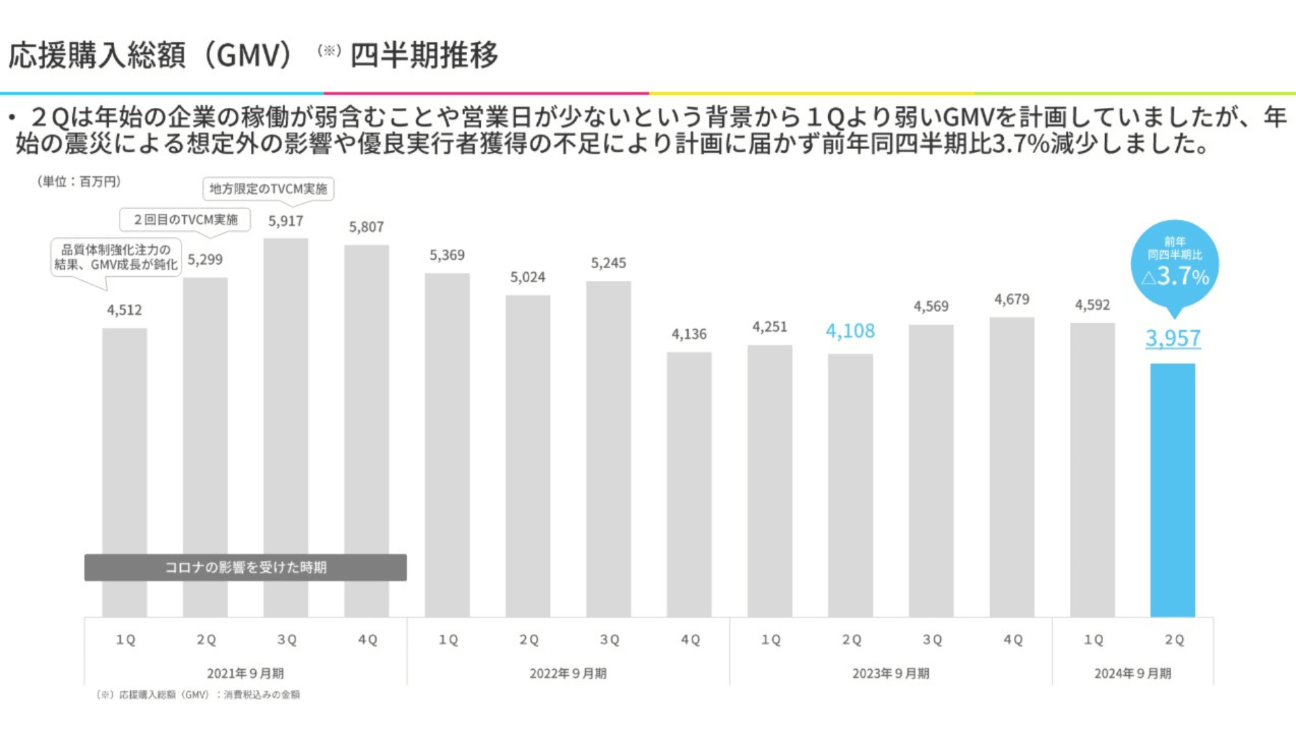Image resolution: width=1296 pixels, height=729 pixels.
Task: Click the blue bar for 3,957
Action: coord(1172,489)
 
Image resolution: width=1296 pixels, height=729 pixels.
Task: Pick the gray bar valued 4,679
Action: coord(1012,466)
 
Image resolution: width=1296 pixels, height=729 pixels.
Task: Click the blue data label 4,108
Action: coord(850,331)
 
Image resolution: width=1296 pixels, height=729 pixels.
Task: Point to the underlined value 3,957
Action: coord(1173,338)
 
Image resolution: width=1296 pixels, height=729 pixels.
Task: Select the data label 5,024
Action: coord(528,277)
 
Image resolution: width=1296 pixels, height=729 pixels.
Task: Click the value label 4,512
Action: coord(125,310)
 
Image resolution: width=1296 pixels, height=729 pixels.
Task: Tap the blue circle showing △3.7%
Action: coord(1174,264)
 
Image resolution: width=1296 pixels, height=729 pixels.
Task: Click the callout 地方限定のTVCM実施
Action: coord(268,189)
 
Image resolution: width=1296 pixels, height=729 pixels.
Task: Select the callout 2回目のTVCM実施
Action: coord(185,220)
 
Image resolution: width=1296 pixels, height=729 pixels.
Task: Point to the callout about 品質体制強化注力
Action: coord(116,257)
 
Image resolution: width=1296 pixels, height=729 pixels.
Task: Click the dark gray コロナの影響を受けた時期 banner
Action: coord(245,568)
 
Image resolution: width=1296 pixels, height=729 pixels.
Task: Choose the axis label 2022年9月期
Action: coord(568,674)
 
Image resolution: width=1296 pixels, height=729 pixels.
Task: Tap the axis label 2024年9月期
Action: coord(1133,674)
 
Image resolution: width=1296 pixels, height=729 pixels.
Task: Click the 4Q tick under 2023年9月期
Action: coord(1013,640)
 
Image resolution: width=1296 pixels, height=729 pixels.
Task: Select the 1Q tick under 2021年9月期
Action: coord(126,640)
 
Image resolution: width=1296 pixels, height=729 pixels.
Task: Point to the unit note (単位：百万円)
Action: coord(79,182)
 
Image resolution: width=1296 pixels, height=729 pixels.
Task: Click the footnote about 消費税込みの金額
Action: coord(199,695)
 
